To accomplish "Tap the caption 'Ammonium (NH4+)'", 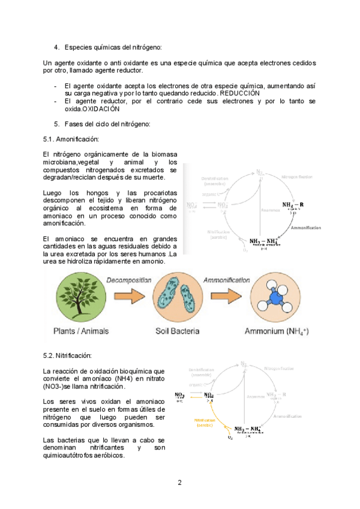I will (x=276, y=332).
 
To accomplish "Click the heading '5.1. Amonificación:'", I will (x=71, y=139).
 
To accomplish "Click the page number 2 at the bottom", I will (x=179, y=483).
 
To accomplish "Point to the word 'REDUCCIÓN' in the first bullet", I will (x=239, y=94).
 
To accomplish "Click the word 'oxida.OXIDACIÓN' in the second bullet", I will (x=92, y=109).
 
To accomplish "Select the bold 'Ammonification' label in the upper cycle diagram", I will (x=306, y=227).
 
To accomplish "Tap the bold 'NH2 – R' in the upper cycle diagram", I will (x=293, y=204).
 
